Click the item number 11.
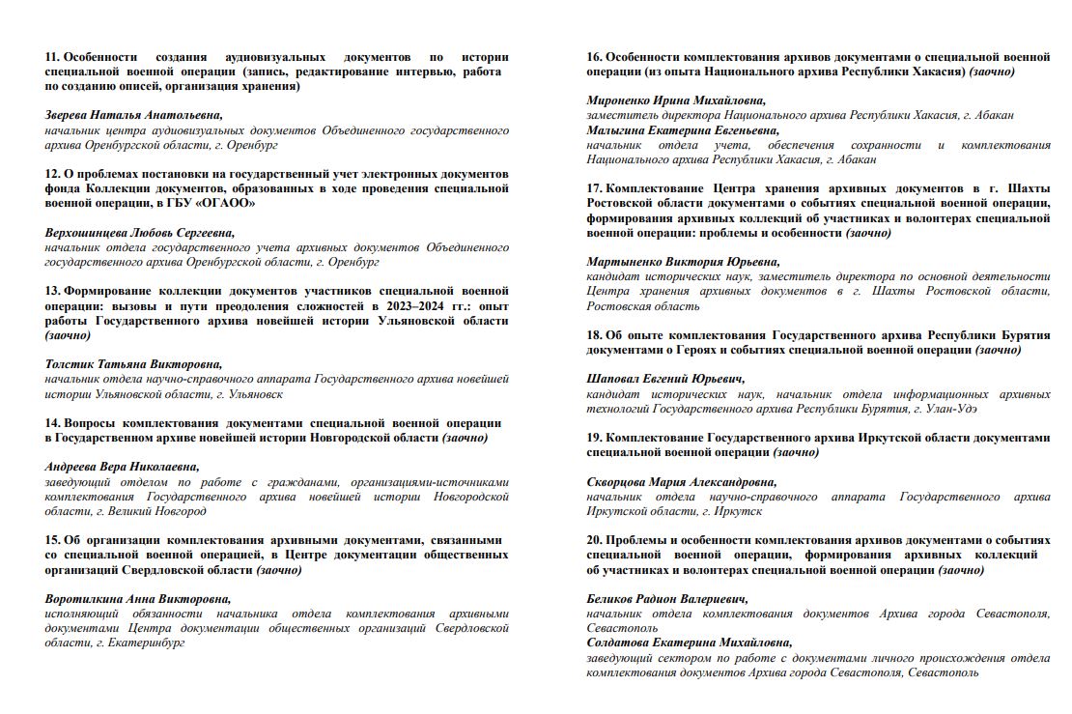[x=52, y=57]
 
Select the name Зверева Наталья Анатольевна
[x=133, y=115]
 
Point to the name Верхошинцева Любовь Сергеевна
[x=140, y=232]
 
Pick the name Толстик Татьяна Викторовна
[x=133, y=364]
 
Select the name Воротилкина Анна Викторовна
[x=138, y=598]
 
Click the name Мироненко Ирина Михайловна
[x=676, y=100]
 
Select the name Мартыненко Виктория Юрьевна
[x=683, y=262]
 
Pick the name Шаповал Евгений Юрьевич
[x=665, y=379]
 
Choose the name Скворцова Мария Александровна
[x=681, y=481]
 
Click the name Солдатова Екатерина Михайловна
[x=689, y=643]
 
